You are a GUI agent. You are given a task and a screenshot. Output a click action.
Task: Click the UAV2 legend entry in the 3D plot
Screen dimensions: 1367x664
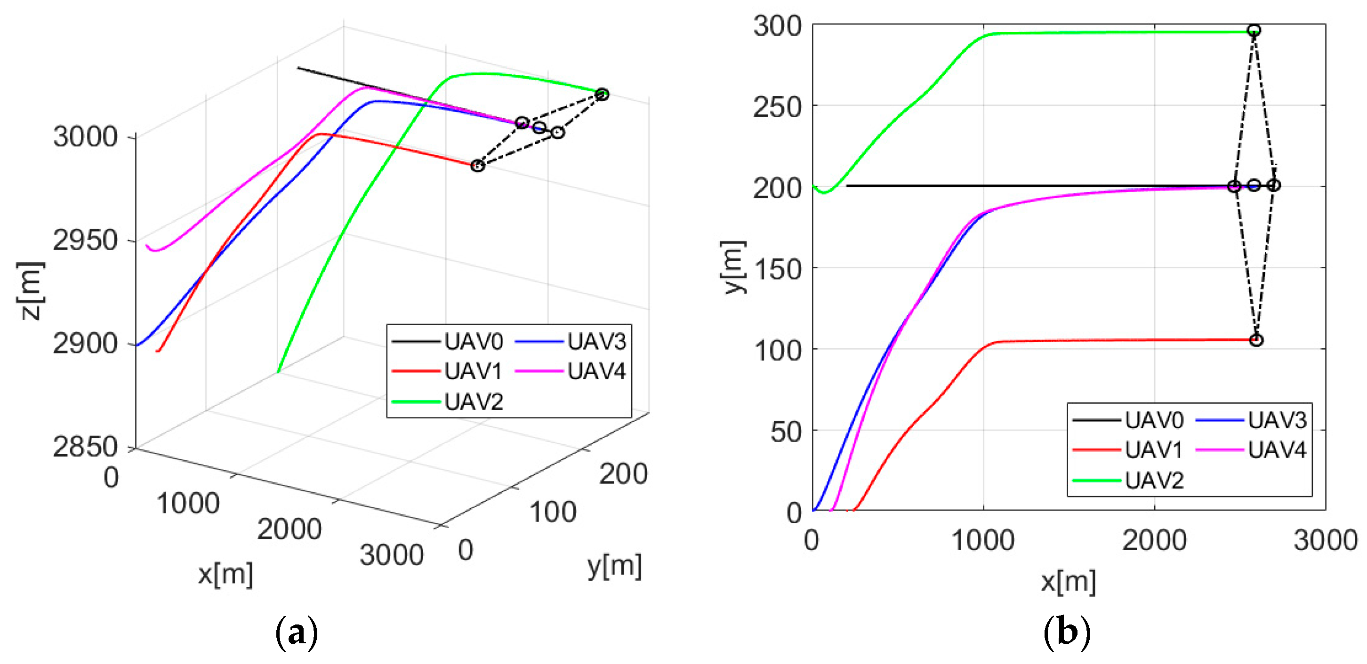tap(447, 401)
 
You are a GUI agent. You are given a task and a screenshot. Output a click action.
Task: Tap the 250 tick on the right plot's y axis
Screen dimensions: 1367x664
tap(778, 108)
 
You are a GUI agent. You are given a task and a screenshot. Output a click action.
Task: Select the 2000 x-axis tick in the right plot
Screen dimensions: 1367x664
tap(1154, 540)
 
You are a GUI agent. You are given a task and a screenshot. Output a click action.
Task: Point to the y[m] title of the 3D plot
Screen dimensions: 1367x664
tap(614, 567)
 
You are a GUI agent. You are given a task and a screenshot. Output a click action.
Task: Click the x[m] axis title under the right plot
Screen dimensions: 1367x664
tap(1068, 582)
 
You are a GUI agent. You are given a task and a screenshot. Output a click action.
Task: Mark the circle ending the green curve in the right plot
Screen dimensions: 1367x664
tap(1254, 30)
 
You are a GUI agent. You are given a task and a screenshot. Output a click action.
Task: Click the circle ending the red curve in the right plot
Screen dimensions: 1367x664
tap(1256, 340)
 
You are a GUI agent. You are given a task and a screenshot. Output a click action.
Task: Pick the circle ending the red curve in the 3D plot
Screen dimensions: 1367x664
tap(478, 166)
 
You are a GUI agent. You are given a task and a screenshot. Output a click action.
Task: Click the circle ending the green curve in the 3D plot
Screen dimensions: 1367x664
tap(602, 95)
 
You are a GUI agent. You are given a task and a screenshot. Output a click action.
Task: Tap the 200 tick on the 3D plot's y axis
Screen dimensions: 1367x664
tap(624, 473)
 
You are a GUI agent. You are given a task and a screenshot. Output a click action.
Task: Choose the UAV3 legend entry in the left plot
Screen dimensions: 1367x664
tap(571, 342)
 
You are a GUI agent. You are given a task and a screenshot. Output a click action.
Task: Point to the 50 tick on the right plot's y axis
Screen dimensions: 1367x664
tap(786, 432)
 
